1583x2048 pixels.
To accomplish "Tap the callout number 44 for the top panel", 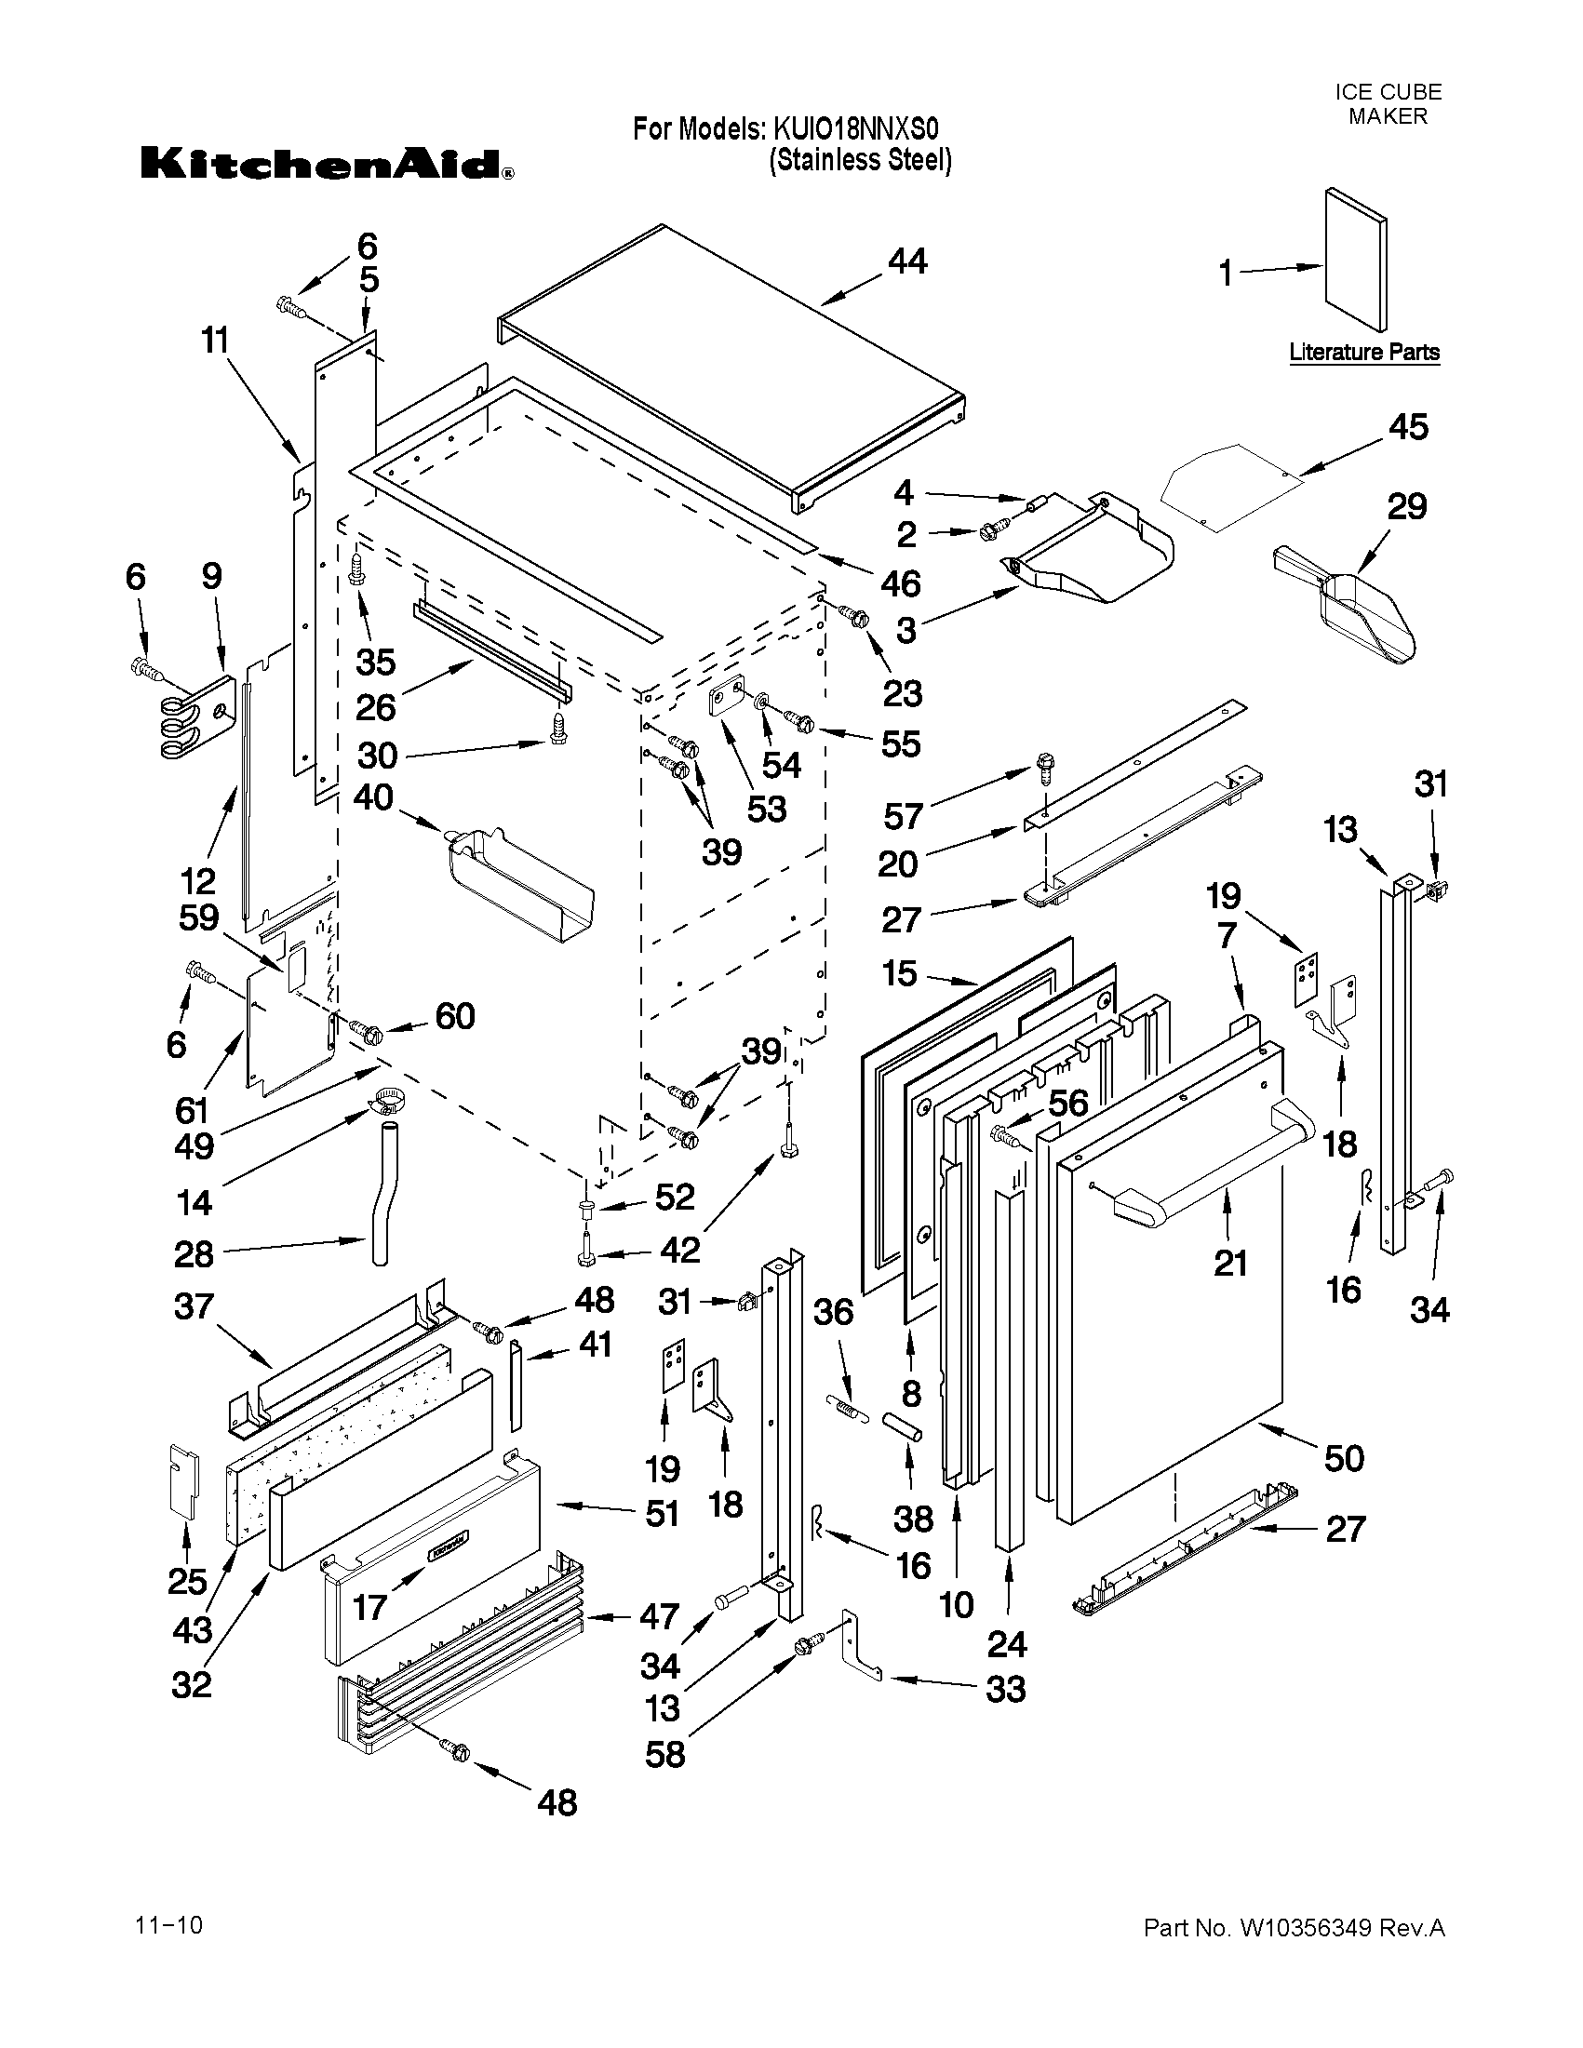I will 906,261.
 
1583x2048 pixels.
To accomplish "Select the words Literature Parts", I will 1363,353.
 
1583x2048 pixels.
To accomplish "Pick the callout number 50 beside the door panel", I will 1343,1457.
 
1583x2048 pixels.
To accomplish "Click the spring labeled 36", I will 840,1407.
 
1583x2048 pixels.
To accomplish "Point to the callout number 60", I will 455,1015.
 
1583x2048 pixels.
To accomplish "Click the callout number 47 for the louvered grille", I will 659,1615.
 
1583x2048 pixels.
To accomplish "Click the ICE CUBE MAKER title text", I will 1387,104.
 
